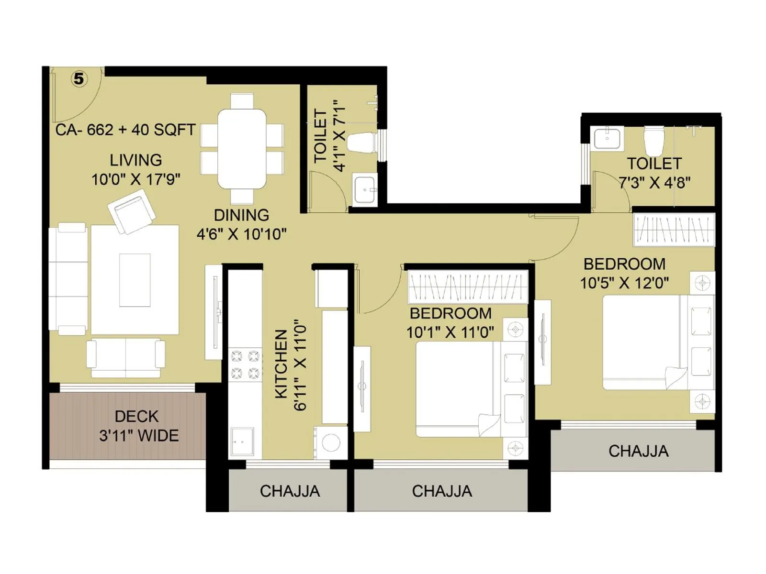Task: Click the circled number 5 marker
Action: pos(79,79)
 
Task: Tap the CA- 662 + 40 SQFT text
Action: pos(125,130)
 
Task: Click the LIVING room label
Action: pos(135,160)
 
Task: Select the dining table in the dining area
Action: pos(242,149)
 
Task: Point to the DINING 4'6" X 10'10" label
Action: pos(241,224)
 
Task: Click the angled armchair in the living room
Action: pos(132,211)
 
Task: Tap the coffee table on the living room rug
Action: pos(135,280)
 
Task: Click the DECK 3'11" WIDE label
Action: pos(138,426)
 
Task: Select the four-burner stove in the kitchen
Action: pos(245,364)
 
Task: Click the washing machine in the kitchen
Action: pos(331,442)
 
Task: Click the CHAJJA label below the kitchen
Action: pos(290,491)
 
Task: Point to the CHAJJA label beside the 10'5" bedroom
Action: pos(638,451)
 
